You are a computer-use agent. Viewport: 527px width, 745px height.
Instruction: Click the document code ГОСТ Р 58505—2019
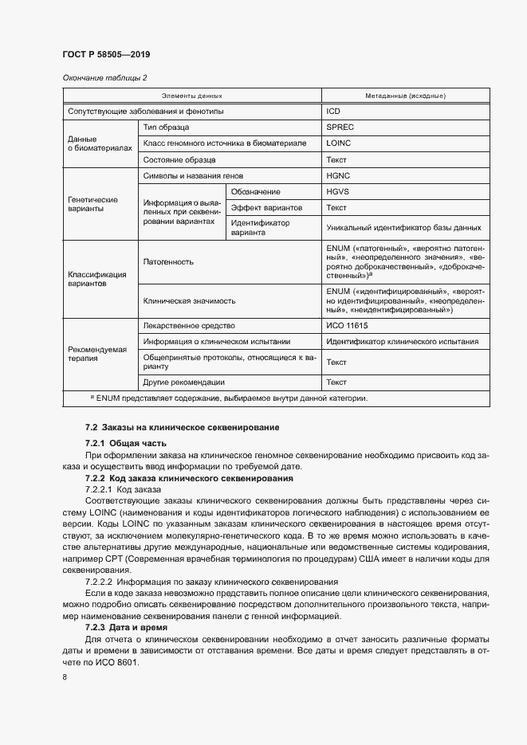(x=106, y=55)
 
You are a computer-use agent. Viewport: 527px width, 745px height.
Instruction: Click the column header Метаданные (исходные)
(x=405, y=95)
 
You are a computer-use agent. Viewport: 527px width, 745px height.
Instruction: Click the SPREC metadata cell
(x=340, y=127)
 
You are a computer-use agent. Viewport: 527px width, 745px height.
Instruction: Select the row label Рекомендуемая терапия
(x=94, y=354)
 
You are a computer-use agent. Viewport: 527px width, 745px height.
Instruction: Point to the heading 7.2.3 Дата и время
(x=122, y=629)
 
